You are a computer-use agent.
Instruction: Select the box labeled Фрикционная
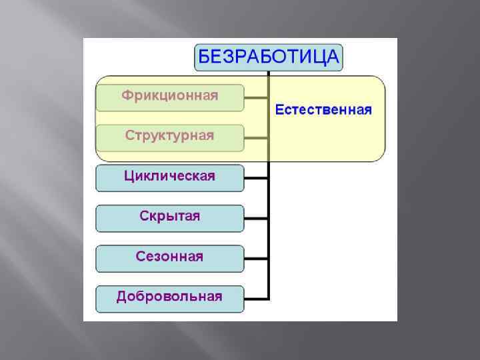169,98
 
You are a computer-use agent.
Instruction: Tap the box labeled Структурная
169,137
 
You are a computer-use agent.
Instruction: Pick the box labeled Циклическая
169,178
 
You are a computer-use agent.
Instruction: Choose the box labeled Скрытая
169,218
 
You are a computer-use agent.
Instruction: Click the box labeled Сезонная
169,258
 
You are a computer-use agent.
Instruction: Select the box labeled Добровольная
169,299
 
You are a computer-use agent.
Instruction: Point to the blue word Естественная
323,109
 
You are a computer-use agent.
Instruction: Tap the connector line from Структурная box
256,138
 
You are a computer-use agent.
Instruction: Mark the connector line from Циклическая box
256,178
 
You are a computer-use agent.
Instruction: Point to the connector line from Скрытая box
256,218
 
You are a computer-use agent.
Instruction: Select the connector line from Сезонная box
256,258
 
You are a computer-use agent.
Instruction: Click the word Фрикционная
169,95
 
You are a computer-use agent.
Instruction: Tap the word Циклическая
169,176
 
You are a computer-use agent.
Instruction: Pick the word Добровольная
169,297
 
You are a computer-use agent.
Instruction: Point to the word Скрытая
169,217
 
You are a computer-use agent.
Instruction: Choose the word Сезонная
169,256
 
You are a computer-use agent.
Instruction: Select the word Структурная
169,135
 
